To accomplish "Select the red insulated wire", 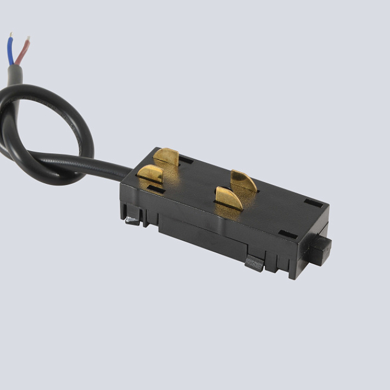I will [x=22, y=53].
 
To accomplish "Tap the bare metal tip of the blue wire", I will [x=9, y=36].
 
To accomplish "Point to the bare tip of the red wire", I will [x=28, y=39].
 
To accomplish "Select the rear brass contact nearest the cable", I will [x=167, y=157].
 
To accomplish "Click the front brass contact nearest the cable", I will [x=150, y=174].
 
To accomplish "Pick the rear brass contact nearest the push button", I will [x=244, y=182].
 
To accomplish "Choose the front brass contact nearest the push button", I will [x=229, y=198].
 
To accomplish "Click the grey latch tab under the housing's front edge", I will [x=255, y=263].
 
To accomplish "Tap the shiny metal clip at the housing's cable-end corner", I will [x=133, y=220].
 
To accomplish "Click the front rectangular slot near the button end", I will [x=287, y=235].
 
